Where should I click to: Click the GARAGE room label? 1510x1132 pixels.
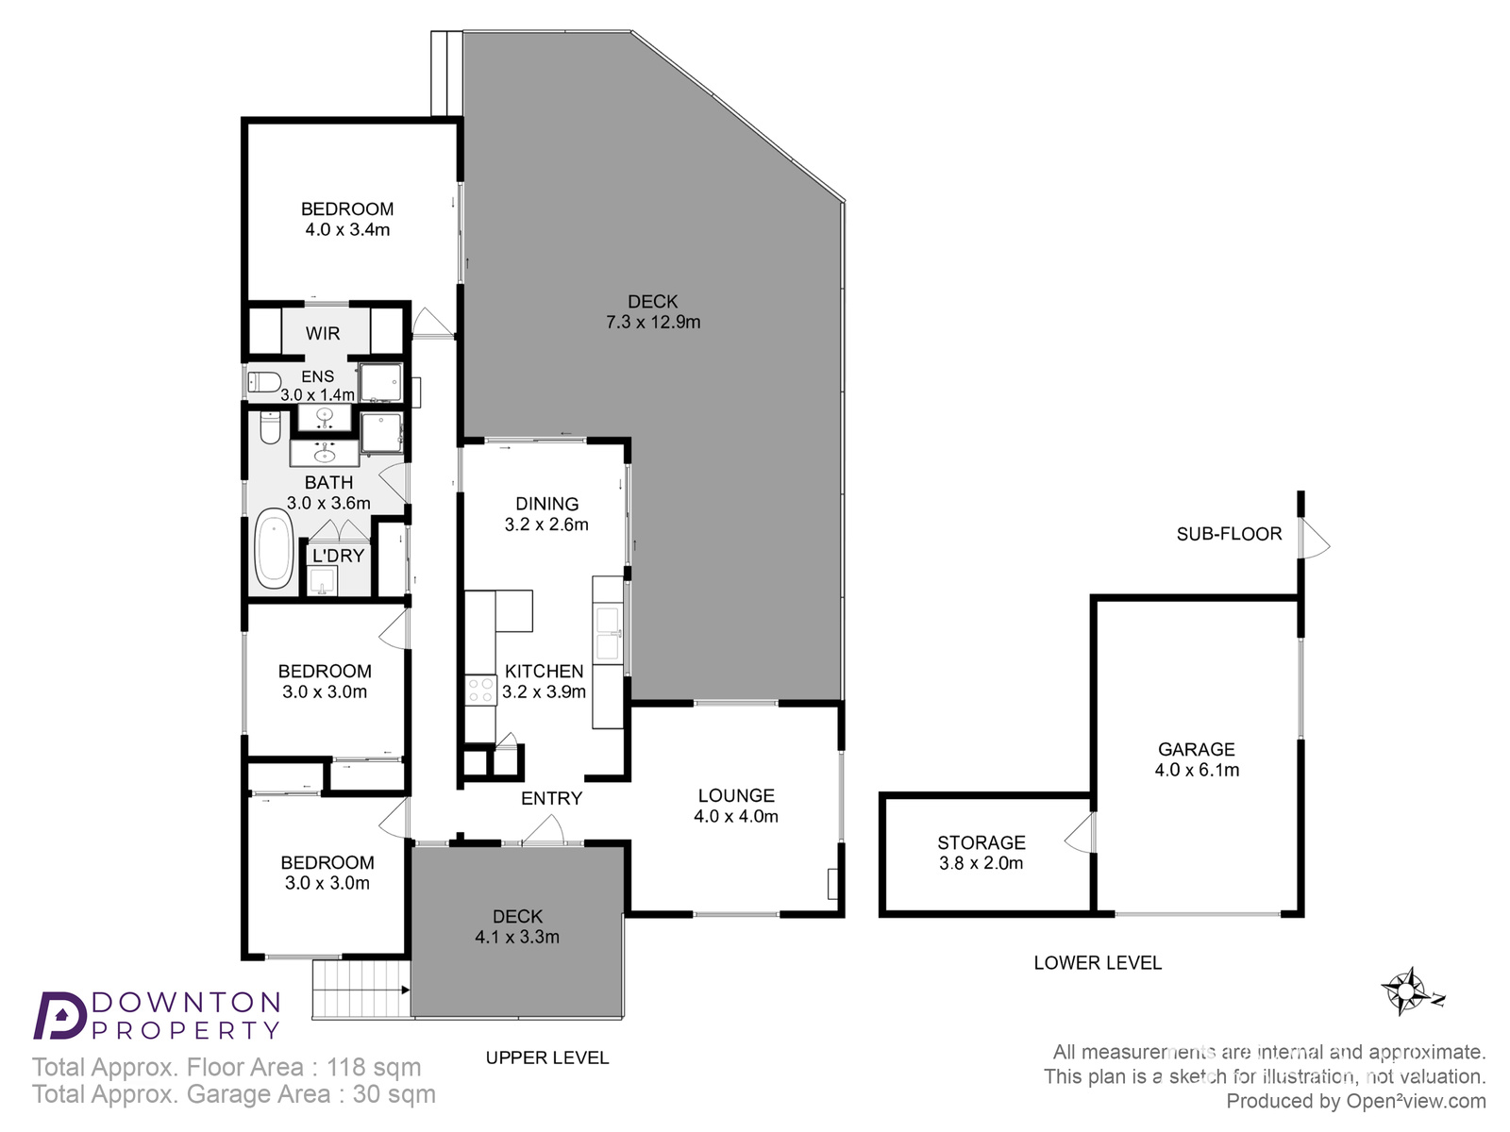(1197, 749)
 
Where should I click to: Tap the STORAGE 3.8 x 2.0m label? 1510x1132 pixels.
(981, 852)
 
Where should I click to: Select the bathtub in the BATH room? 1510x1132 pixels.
(274, 548)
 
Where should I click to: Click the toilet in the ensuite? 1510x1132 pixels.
(264, 381)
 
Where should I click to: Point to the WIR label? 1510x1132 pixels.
(323, 333)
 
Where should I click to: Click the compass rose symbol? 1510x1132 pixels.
(1405, 991)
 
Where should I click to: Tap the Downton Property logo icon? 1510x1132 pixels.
(60, 1015)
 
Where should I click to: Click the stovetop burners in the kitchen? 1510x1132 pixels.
(481, 691)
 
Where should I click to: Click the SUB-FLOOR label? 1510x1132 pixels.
(1229, 534)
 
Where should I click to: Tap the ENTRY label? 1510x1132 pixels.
(552, 798)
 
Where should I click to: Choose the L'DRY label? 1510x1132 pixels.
(339, 556)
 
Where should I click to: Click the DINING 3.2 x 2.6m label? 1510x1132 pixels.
(546, 514)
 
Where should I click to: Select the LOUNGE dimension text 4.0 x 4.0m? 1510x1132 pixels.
(736, 816)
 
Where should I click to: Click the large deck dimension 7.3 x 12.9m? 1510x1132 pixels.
(653, 322)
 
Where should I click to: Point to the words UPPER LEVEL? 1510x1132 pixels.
(547, 1057)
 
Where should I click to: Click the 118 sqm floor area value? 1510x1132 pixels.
(374, 1068)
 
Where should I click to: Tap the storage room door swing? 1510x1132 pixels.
(1080, 833)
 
